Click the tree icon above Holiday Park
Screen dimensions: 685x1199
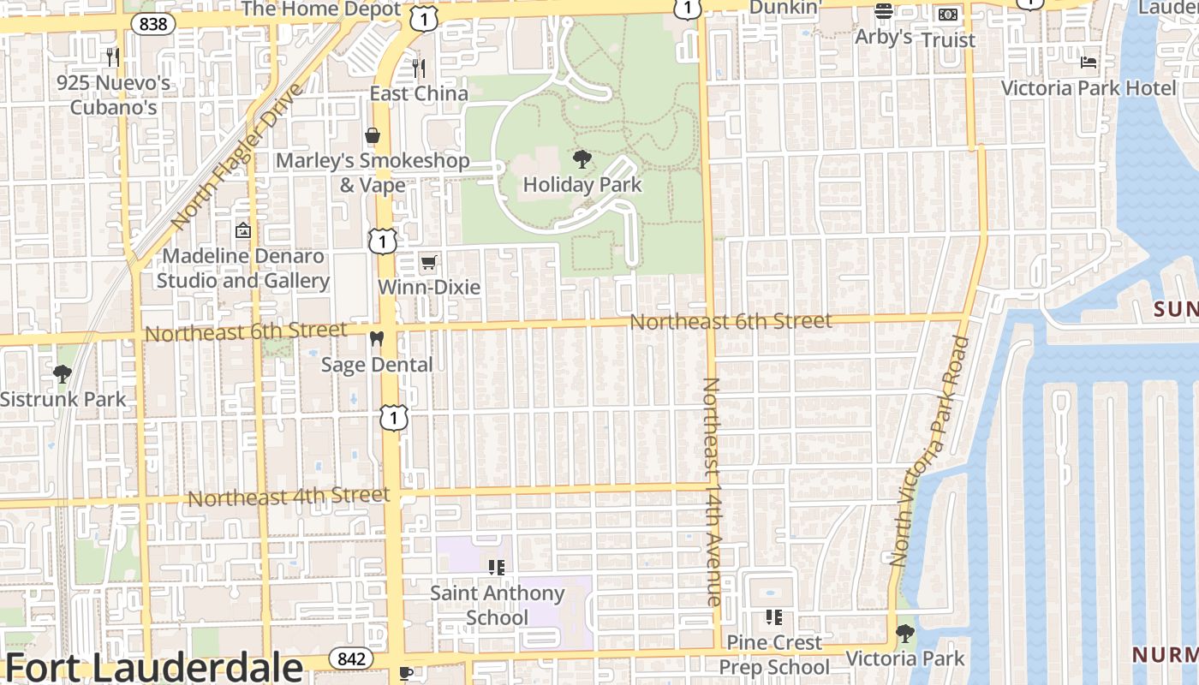(x=582, y=158)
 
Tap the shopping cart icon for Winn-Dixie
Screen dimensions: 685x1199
(x=428, y=262)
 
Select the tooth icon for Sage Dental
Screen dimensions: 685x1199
(x=376, y=339)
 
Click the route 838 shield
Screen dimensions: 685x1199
(x=153, y=24)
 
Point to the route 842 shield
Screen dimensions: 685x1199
(x=351, y=658)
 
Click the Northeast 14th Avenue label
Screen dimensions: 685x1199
(x=713, y=491)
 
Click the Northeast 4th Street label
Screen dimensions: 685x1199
(x=289, y=497)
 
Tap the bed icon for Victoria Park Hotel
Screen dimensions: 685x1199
(x=1089, y=62)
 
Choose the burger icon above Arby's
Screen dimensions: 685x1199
(x=884, y=12)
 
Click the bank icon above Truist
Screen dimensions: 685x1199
(x=947, y=15)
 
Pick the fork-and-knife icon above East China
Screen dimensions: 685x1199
(x=419, y=68)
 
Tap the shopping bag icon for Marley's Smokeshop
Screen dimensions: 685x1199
(x=373, y=135)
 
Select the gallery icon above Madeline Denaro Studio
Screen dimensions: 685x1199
(x=243, y=230)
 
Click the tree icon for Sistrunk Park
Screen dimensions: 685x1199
(x=62, y=373)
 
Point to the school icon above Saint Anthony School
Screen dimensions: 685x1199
(x=497, y=567)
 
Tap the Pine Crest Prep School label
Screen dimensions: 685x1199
(x=774, y=654)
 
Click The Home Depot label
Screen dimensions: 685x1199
(x=321, y=9)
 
